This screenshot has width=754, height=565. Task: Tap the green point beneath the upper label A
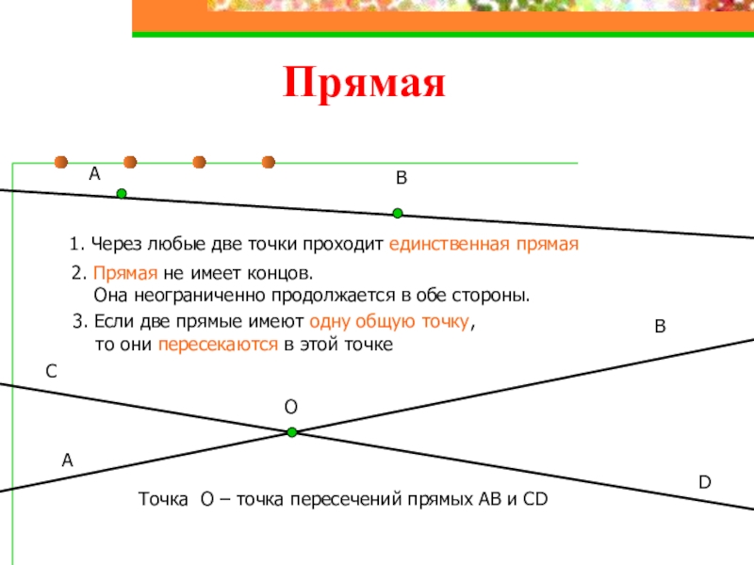click(122, 194)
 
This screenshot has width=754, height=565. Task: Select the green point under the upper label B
click(398, 213)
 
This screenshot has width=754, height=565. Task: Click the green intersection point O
click(292, 432)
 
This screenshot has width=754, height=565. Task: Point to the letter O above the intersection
click(291, 407)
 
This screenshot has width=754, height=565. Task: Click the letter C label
click(52, 373)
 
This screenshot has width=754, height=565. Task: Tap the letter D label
click(704, 482)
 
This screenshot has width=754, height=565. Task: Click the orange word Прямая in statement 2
click(119, 274)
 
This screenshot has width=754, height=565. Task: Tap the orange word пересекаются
click(218, 345)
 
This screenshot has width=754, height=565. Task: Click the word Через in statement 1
click(109, 245)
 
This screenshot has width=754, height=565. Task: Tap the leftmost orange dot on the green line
click(61, 162)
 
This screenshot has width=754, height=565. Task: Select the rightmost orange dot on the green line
click(268, 162)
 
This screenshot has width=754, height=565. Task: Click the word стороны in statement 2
click(496, 296)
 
